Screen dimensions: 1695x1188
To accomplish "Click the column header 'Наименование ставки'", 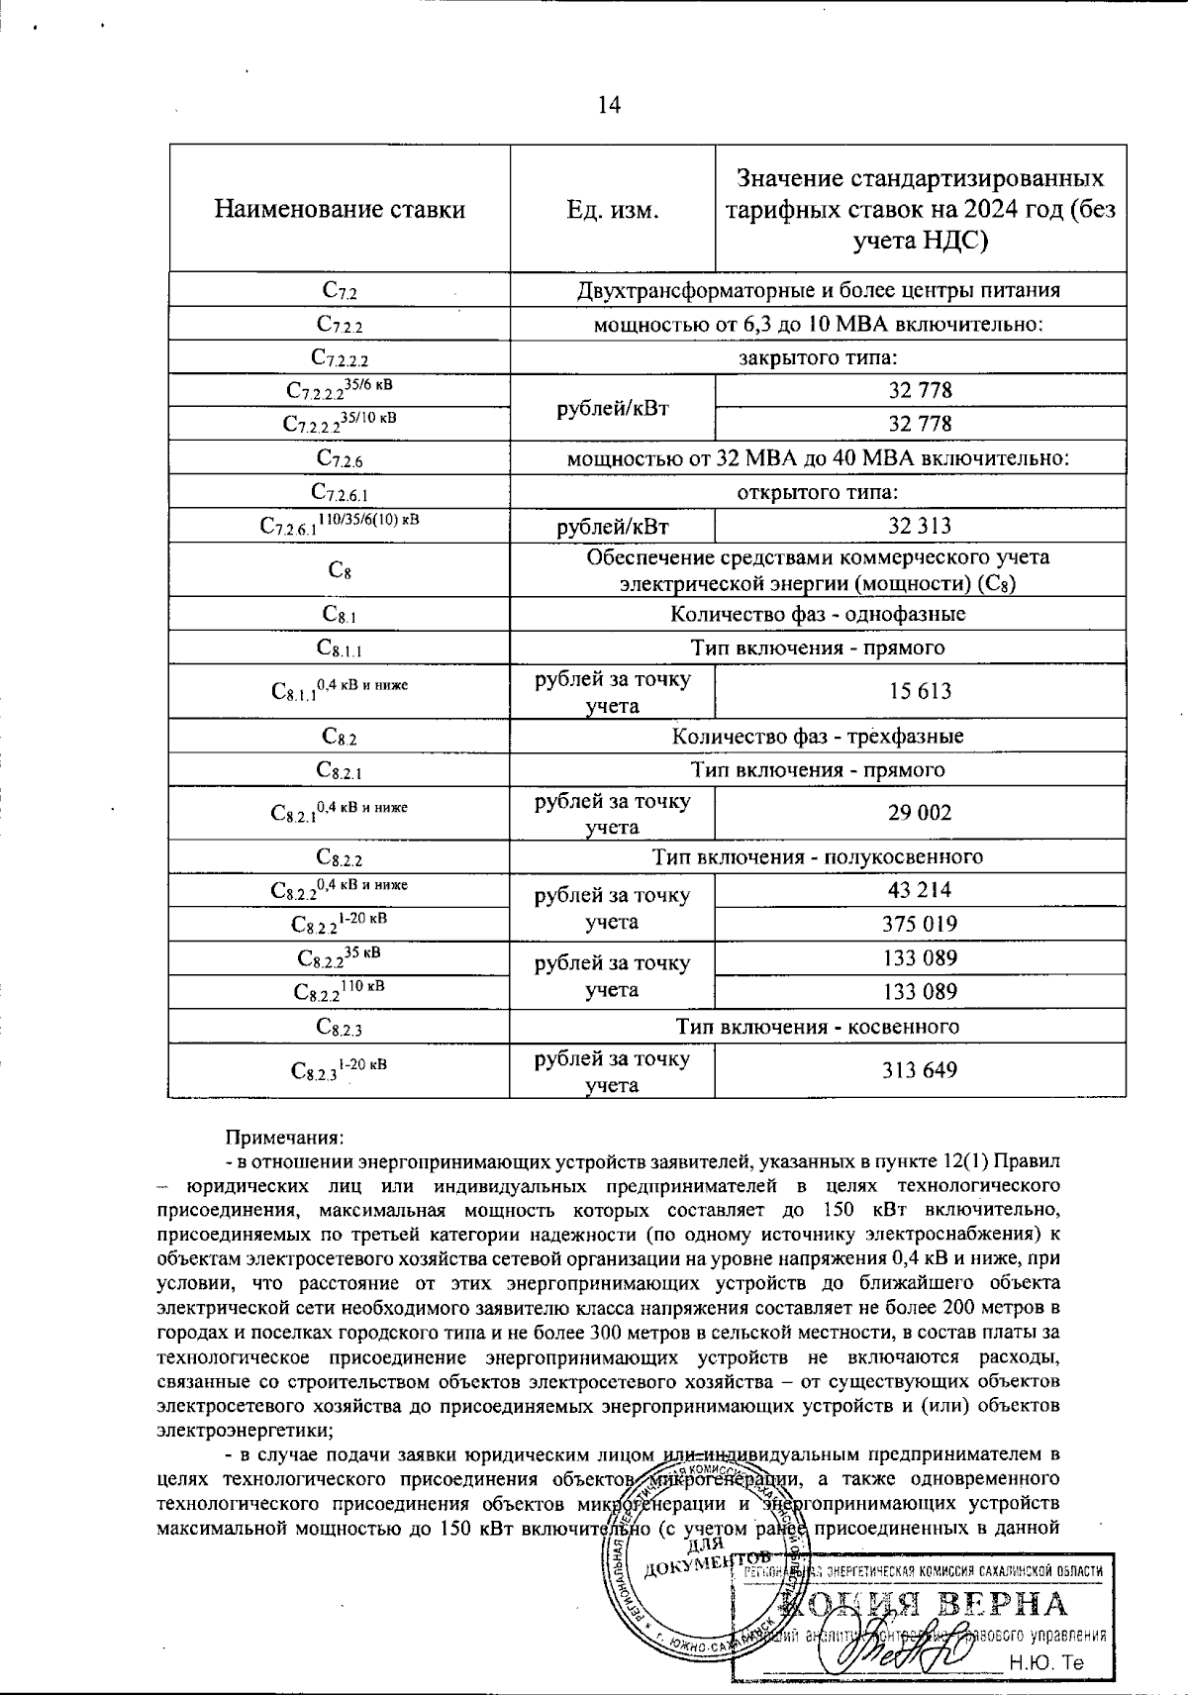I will (x=340, y=209).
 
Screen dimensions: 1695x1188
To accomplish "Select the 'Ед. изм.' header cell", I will (x=612, y=209).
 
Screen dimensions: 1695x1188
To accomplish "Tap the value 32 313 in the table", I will (x=920, y=526).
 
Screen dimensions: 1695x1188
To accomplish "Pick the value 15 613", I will (x=920, y=691).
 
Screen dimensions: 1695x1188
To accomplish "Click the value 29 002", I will (x=920, y=813).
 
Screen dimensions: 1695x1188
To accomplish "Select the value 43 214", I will (x=920, y=889).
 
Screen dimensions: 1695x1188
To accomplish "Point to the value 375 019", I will (x=920, y=924).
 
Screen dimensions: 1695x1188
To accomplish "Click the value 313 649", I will (x=920, y=1069).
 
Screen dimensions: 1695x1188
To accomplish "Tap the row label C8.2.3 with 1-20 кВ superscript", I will (x=339, y=1069).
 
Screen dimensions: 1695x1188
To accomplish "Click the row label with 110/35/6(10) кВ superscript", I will (x=339, y=525).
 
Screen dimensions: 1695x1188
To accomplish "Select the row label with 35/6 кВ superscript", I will (x=339, y=390).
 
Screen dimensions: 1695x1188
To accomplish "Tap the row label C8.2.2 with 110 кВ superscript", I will (x=339, y=990).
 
